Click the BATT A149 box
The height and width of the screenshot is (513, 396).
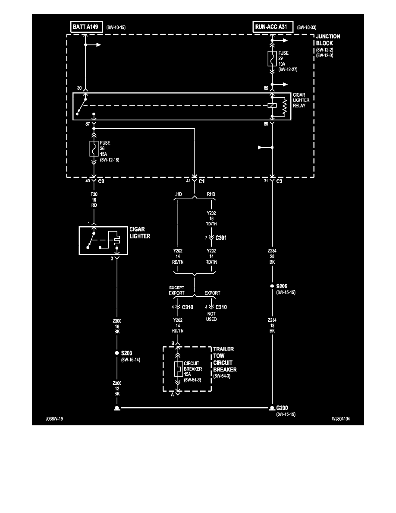click(x=85, y=27)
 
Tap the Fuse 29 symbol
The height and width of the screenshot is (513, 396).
click(x=272, y=58)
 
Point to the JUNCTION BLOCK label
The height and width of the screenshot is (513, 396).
click(x=328, y=40)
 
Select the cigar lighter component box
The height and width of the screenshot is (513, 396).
click(x=103, y=240)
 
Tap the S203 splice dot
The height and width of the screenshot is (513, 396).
click(x=116, y=353)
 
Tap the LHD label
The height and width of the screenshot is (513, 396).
click(x=178, y=194)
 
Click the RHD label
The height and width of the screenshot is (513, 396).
click(x=211, y=194)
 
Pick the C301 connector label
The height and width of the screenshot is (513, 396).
click(x=221, y=237)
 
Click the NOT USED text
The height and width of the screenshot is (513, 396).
click(x=211, y=316)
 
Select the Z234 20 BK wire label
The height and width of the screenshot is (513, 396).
click(x=272, y=256)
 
